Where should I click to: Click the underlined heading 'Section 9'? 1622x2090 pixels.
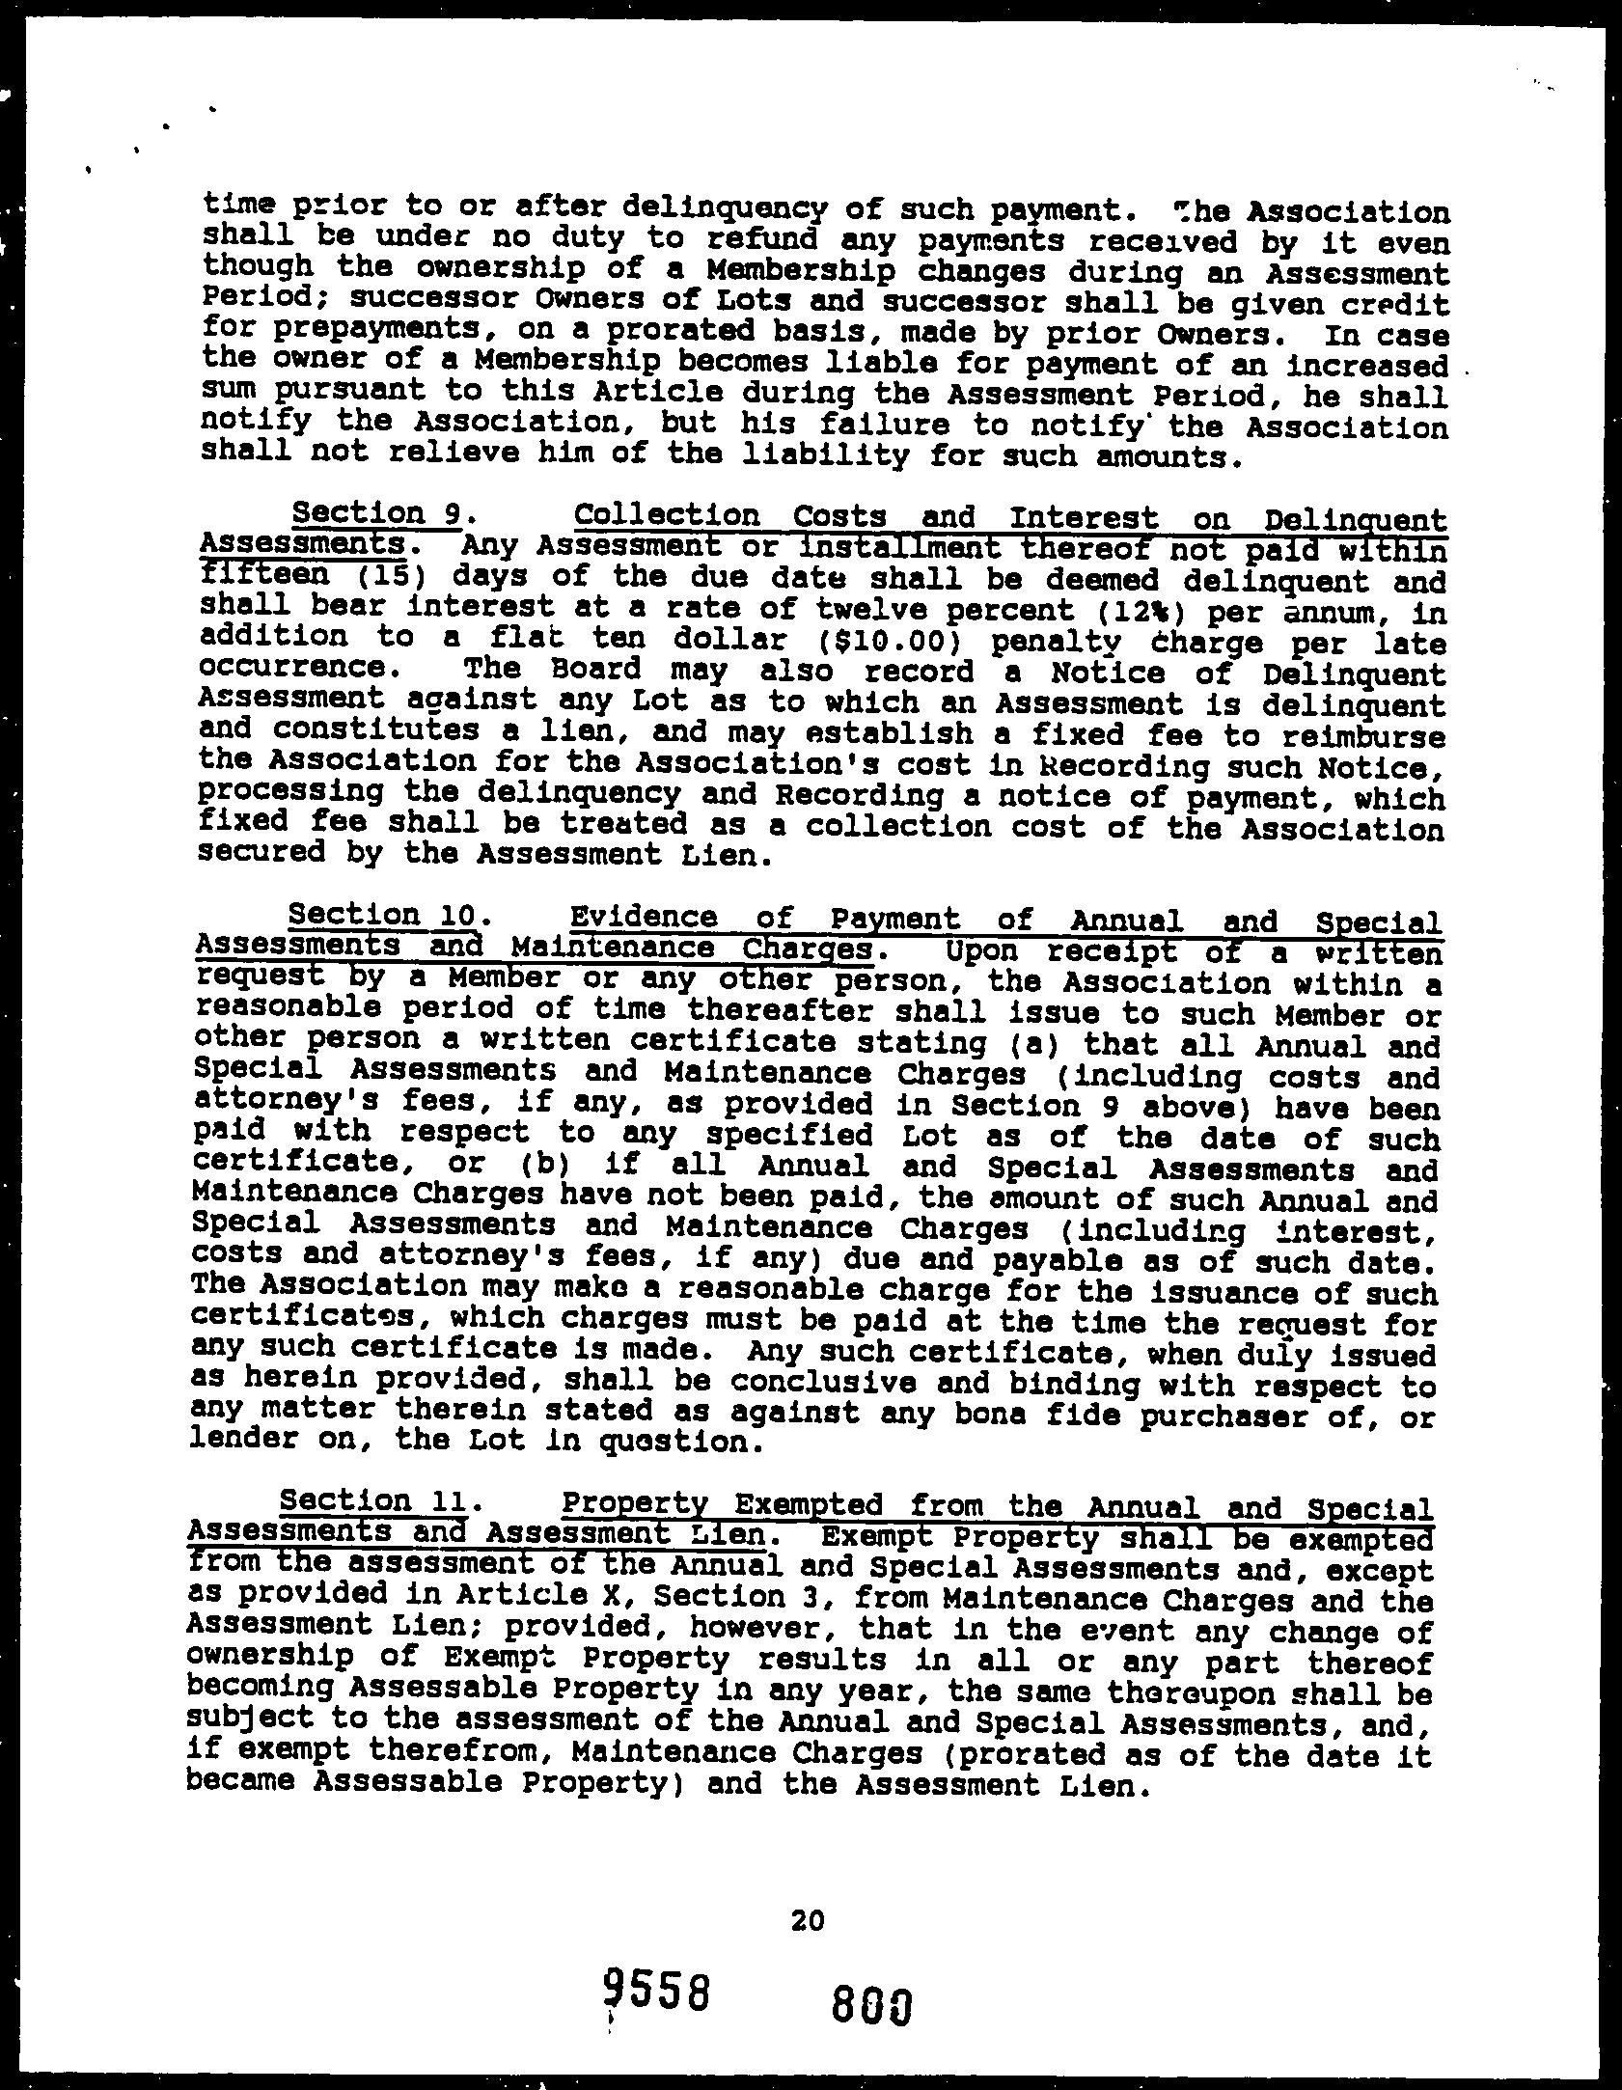click(x=375, y=514)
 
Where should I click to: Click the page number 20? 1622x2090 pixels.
click(x=808, y=1921)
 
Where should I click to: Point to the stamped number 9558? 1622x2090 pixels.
click(x=657, y=1992)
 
